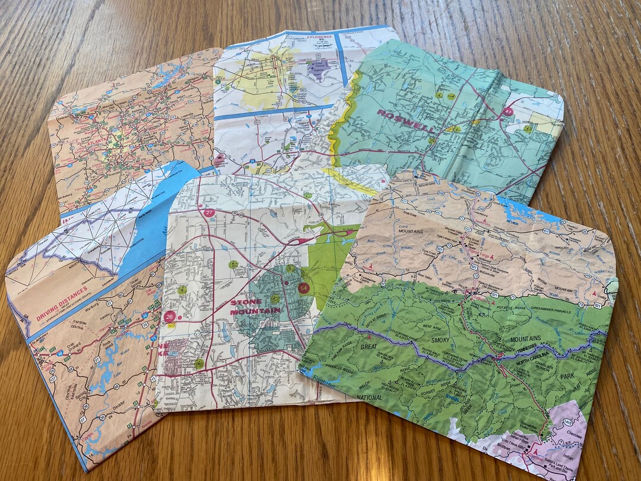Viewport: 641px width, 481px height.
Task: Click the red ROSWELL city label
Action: point(405,121)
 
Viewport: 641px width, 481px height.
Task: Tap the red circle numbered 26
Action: point(170,316)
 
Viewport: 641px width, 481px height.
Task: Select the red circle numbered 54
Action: point(304,288)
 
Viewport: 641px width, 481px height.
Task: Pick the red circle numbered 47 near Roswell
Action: point(508,111)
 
